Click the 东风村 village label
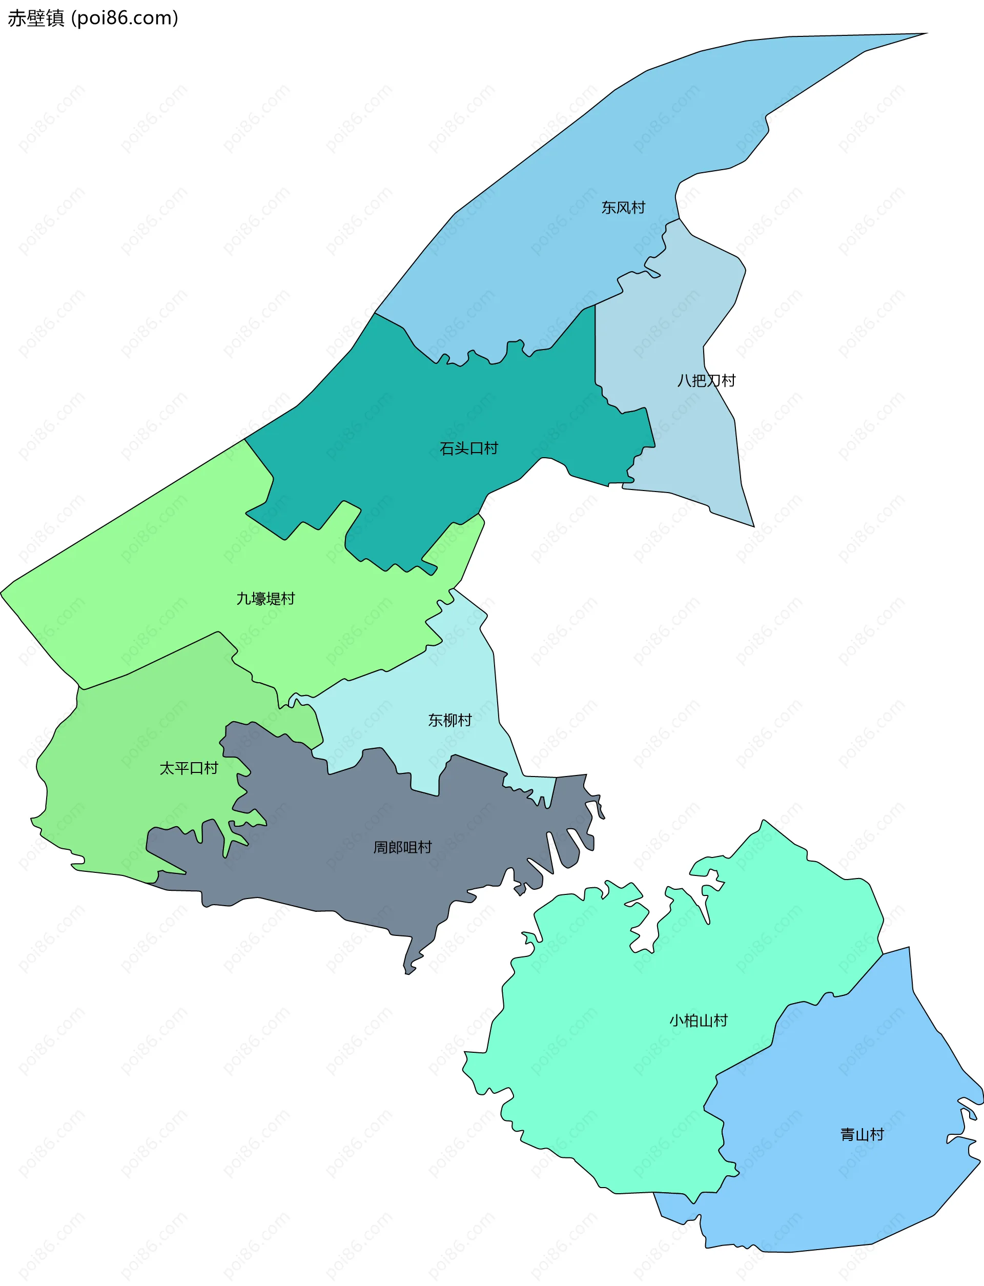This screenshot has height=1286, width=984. click(623, 207)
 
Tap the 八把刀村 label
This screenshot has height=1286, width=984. click(706, 381)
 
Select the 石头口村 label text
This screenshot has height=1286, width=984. click(468, 448)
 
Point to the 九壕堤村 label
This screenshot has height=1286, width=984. click(265, 599)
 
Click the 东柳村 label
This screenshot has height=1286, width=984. click(450, 720)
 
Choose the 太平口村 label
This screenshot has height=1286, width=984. click(189, 768)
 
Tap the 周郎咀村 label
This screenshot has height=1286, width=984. click(402, 847)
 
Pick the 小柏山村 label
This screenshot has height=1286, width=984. click(698, 1020)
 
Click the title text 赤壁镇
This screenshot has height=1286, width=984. click(36, 18)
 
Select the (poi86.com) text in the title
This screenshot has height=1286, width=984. click(125, 18)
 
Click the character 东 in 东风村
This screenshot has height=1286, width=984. click(608, 207)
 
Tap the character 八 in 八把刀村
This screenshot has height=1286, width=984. click(684, 381)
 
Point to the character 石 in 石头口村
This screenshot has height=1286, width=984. click(447, 448)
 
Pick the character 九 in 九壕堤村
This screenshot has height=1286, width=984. click(243, 599)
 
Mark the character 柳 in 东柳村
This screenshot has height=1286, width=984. click(450, 720)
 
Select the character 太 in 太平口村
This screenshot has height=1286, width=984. click(167, 768)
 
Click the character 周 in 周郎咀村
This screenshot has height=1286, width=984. click(381, 847)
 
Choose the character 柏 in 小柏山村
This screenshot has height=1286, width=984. click(691, 1020)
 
